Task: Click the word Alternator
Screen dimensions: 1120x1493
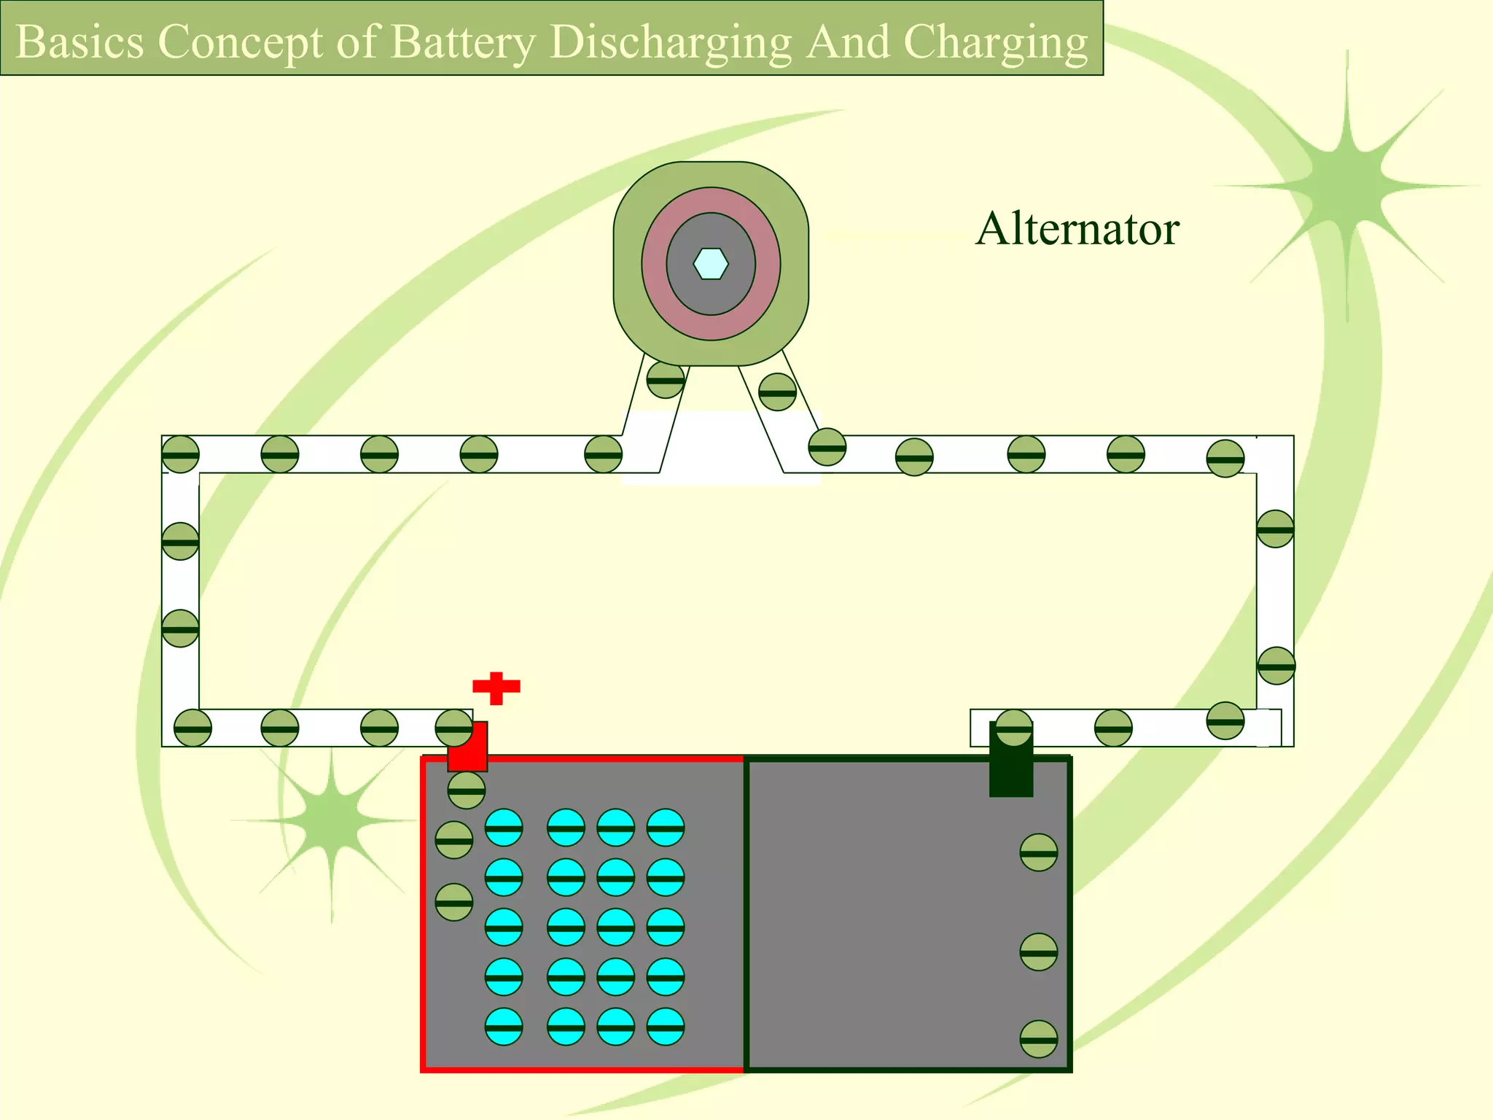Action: [1077, 229]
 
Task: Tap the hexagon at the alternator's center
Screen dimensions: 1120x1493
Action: [711, 264]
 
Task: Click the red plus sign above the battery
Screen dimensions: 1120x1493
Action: [496, 688]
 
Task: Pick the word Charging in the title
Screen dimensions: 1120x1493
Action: [996, 42]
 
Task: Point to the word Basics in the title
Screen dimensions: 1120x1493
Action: [79, 42]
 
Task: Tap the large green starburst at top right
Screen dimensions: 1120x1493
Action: [1345, 182]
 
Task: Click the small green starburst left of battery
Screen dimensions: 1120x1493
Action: [332, 822]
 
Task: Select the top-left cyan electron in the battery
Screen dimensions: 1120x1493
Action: [504, 828]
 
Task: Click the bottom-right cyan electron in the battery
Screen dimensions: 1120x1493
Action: [666, 1027]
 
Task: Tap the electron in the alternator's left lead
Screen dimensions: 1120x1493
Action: [666, 379]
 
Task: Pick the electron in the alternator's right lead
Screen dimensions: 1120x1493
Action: [777, 392]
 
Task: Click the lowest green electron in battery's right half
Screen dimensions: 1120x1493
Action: [1038, 1039]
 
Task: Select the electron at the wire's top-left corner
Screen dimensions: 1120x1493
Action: [180, 454]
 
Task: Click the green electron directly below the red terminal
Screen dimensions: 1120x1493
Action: [467, 790]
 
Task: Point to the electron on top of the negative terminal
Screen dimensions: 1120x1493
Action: [1014, 727]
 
